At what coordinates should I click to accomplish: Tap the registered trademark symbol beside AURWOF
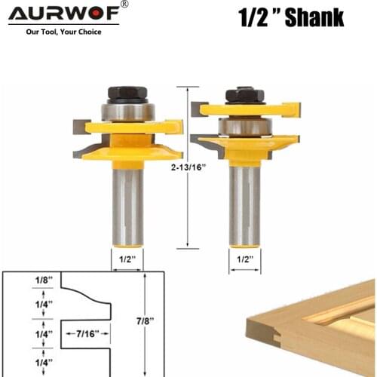(124, 5)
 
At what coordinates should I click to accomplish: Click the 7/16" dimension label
(88, 333)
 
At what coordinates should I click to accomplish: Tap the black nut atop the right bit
(244, 95)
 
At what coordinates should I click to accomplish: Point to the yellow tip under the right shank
(244, 243)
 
